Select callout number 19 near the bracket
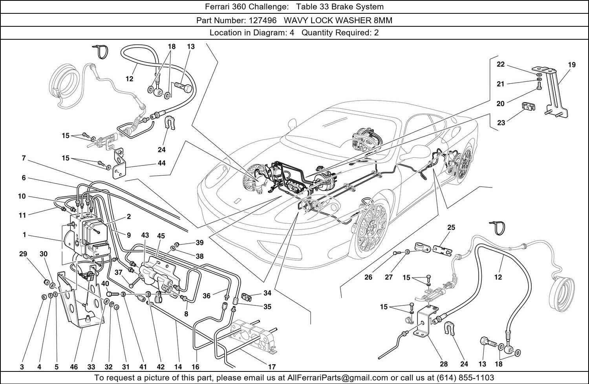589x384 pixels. pyautogui.click(x=572, y=65)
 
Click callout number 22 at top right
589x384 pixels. pyautogui.click(x=501, y=64)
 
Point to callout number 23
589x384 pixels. pyautogui.click(x=501, y=123)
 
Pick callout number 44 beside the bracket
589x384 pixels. pyautogui.click(x=161, y=163)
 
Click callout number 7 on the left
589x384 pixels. pyautogui.click(x=24, y=158)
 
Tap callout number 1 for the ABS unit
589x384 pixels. pyautogui.click(x=24, y=235)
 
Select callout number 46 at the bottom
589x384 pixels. pyautogui.click(x=74, y=367)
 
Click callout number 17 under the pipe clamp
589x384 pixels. pyautogui.click(x=272, y=367)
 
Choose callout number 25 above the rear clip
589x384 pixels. pyautogui.click(x=451, y=228)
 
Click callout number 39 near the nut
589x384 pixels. pyautogui.click(x=200, y=243)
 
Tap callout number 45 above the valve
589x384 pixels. pyautogui.click(x=161, y=236)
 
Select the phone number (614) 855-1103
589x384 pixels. pyautogui.click(x=465, y=378)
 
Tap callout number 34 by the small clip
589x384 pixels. pyautogui.click(x=267, y=293)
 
